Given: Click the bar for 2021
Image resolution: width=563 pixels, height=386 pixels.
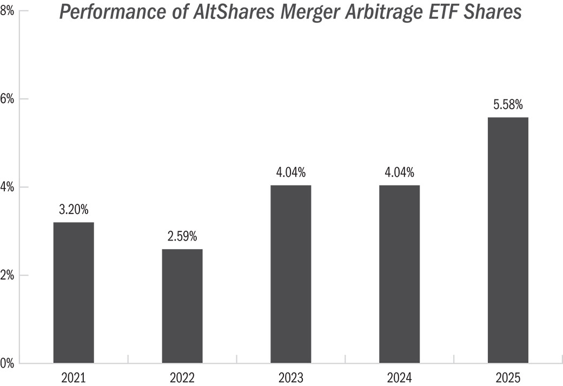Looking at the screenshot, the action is click(74, 292).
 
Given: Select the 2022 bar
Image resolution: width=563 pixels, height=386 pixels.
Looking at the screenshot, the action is click(182, 306).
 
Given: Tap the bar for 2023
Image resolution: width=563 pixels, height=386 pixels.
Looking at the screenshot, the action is click(291, 274).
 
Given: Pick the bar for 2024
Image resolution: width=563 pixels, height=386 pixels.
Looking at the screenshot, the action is click(399, 274).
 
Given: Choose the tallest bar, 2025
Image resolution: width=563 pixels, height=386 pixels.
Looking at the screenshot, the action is click(508, 240).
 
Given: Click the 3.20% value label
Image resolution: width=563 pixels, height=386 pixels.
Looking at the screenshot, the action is click(74, 209).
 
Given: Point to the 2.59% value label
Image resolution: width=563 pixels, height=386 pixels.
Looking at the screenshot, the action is click(182, 236).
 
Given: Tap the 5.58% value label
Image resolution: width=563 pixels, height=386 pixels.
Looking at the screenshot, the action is click(508, 104).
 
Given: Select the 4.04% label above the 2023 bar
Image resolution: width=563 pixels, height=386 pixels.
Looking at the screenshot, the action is click(291, 172).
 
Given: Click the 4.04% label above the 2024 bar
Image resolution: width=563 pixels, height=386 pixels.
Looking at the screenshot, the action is click(399, 172).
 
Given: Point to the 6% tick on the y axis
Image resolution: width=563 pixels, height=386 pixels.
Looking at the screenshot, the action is click(7, 99).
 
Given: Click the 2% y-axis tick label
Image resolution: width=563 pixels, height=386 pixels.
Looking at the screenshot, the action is click(7, 275).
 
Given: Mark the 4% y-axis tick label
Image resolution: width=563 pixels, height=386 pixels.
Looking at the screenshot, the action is click(7, 187).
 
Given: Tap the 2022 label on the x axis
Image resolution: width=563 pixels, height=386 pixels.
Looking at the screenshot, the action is click(182, 378).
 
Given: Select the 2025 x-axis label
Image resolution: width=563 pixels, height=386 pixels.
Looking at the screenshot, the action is click(508, 378).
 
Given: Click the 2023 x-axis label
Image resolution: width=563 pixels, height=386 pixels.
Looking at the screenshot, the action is click(291, 378).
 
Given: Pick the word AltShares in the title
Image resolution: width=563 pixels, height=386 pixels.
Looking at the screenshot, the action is click(234, 11).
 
